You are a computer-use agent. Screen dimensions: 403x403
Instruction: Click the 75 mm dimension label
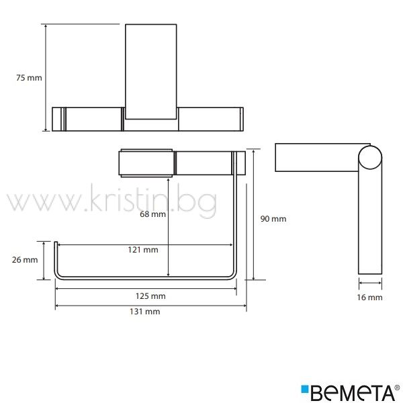click(x=29, y=78)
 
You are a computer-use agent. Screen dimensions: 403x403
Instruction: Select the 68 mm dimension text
click(x=152, y=214)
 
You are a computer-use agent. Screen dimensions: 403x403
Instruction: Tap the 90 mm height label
click(x=273, y=219)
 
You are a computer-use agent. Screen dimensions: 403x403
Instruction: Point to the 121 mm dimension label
click(x=143, y=250)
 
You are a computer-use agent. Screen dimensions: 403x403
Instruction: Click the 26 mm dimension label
click(x=25, y=259)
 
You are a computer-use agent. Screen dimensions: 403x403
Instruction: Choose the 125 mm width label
click(x=150, y=296)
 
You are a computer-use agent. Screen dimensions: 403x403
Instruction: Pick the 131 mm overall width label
click(x=145, y=312)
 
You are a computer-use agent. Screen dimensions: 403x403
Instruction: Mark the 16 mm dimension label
click(x=369, y=298)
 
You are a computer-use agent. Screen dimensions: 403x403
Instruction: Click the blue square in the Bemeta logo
click(x=305, y=389)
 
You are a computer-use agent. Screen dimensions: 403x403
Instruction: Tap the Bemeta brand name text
click(x=353, y=393)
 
